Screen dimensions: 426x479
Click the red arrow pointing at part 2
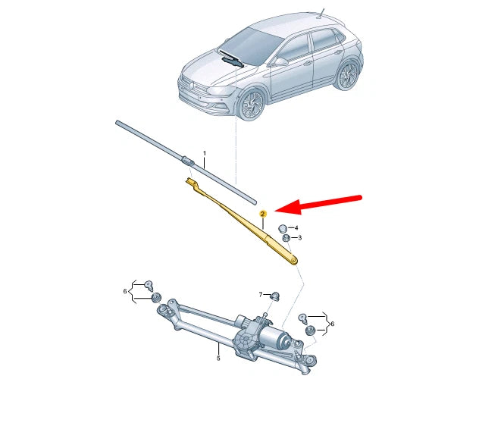[318, 204]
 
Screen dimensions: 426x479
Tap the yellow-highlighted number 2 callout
[263, 215]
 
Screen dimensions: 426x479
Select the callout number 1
[204, 153]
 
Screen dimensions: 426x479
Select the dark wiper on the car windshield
[231, 60]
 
